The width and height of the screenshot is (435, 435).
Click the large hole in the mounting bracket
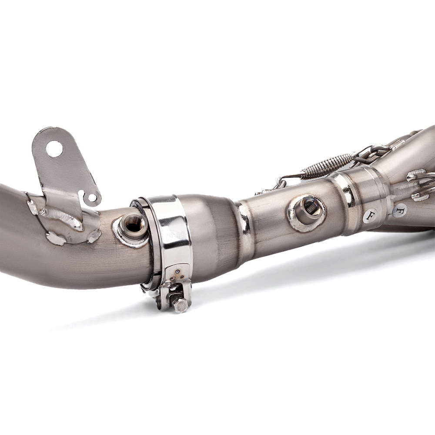(54, 149)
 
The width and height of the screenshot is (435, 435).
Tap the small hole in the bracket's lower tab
(92, 197)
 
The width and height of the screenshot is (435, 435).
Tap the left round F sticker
(370, 215)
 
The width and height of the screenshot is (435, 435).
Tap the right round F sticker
(399, 211)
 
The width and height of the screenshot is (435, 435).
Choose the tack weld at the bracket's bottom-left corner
(56, 238)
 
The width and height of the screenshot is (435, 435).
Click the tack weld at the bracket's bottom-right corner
(94, 235)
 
